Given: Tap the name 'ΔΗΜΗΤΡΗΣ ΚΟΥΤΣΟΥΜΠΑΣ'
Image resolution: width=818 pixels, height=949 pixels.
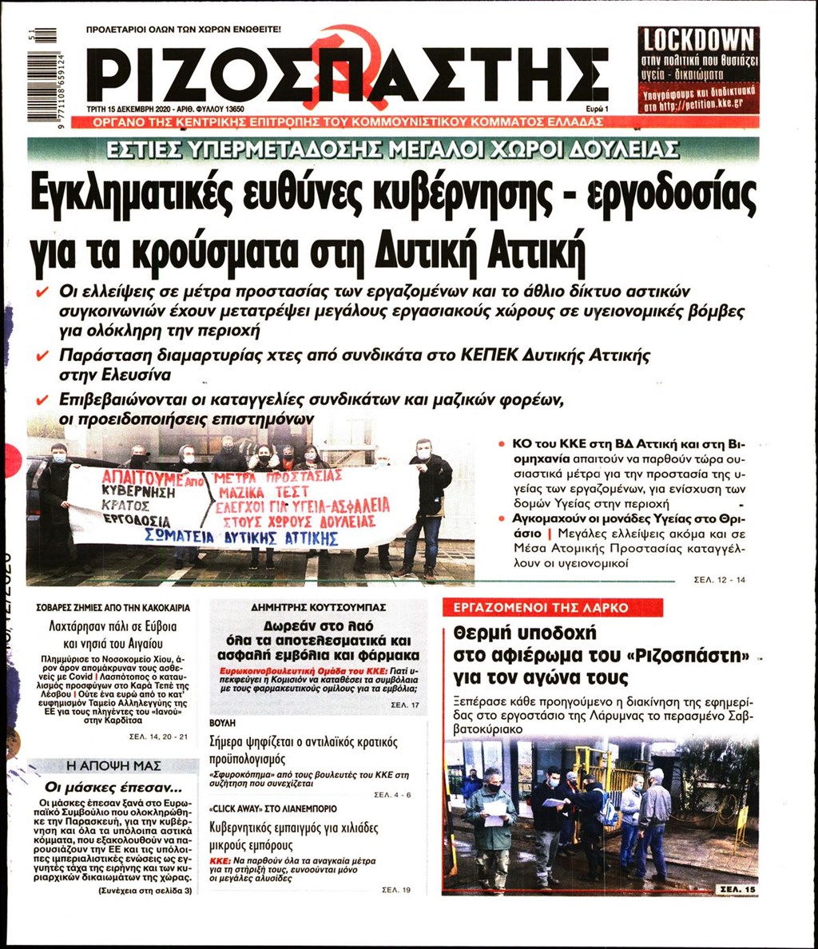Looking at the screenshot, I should [318, 607].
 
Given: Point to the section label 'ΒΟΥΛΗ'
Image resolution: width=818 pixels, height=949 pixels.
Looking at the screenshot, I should [222, 721].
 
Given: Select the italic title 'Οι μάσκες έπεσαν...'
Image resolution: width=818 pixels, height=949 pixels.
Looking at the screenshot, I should [110, 784].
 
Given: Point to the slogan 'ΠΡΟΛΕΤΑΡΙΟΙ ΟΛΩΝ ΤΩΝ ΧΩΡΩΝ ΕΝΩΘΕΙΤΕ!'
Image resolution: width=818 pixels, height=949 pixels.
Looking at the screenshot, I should [184, 30].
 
